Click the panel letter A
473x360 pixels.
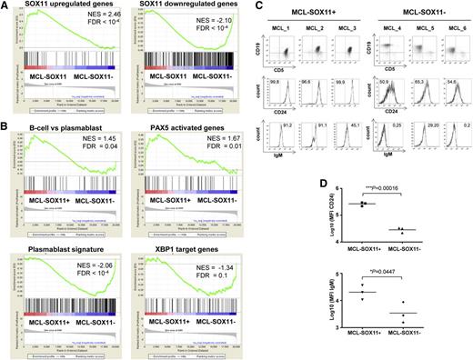tap(5, 6)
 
